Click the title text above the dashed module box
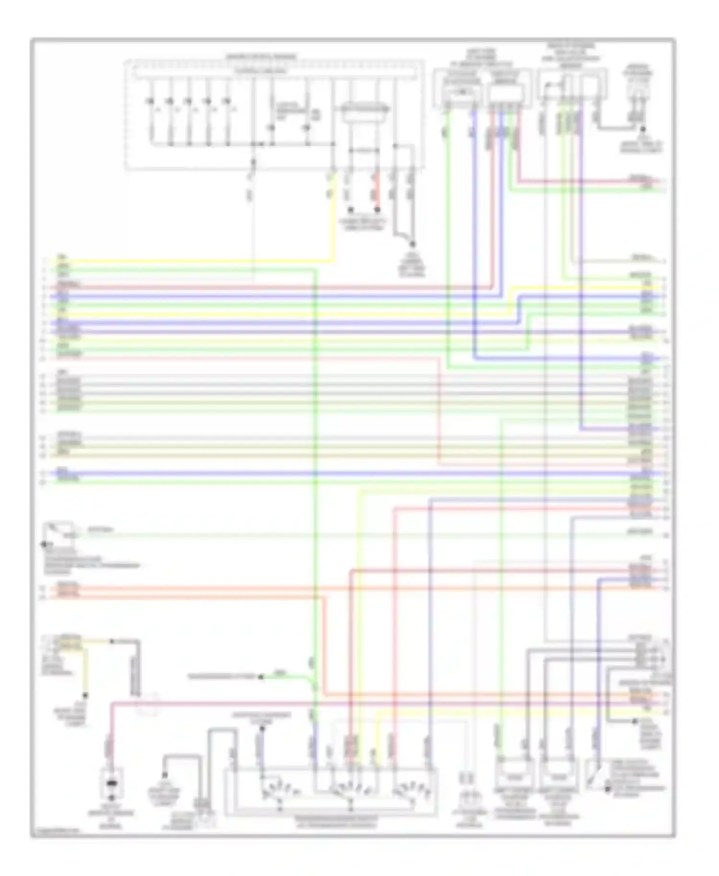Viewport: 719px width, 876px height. tap(261, 57)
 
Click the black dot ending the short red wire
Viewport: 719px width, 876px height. tap(377, 210)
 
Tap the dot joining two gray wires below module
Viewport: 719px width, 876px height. tap(412, 244)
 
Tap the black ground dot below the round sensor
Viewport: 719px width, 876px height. tap(643, 129)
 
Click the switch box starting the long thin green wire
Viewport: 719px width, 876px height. tap(60, 532)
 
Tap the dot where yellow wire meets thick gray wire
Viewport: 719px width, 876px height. tap(112, 641)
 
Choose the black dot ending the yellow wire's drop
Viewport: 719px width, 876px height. tap(85, 695)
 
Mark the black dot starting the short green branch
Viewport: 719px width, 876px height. tap(261, 677)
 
